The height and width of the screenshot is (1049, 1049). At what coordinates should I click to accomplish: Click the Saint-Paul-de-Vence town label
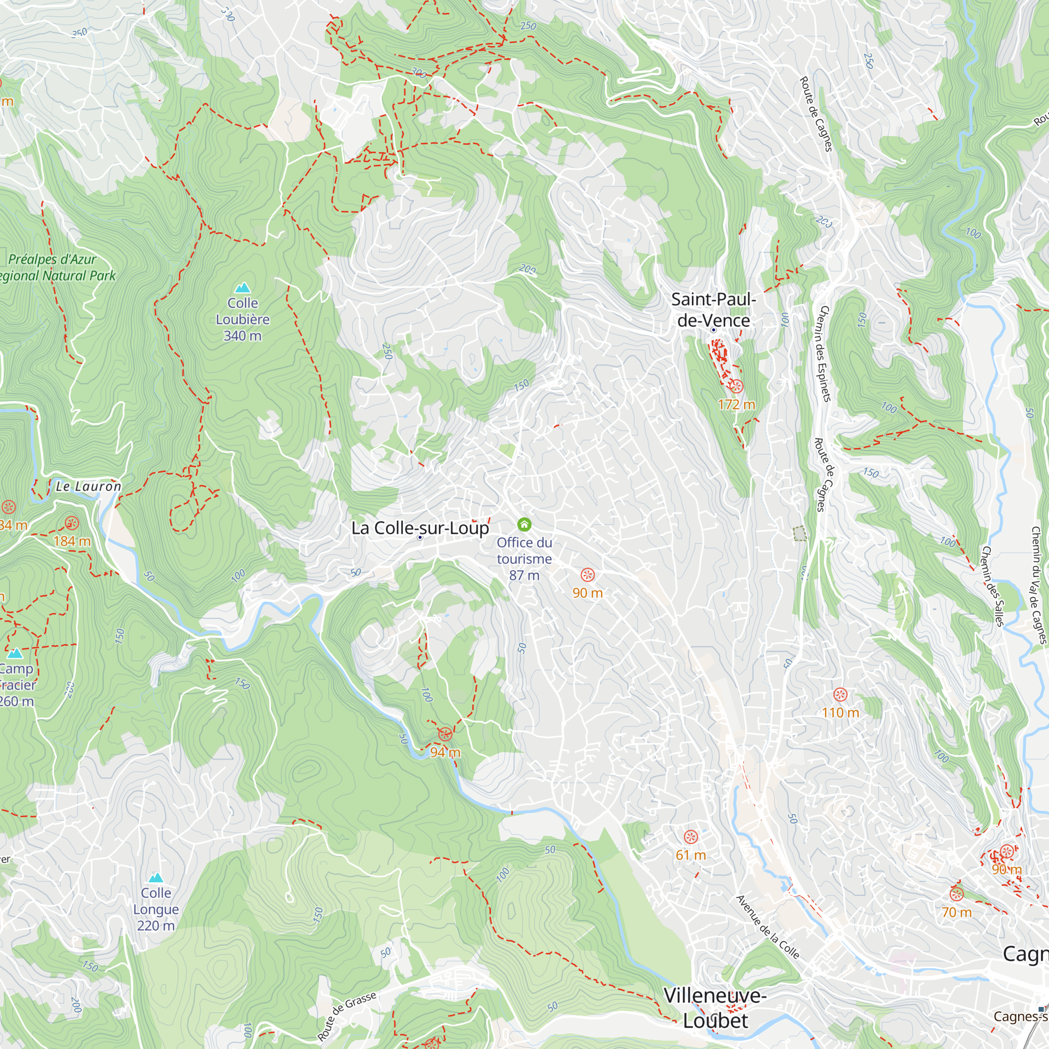(713, 309)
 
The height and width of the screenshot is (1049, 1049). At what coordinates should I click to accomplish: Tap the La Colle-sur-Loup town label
(420, 528)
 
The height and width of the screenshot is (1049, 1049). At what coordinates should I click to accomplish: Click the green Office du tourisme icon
(524, 524)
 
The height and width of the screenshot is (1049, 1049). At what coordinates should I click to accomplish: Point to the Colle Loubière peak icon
(243, 287)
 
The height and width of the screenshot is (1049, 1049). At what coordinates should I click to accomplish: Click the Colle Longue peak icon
(156, 877)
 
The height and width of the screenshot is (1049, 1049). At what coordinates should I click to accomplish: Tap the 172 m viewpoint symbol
(736, 387)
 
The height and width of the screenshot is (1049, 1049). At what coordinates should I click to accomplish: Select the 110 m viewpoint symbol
(840, 694)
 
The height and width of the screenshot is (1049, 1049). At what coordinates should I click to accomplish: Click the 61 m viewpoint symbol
(690, 837)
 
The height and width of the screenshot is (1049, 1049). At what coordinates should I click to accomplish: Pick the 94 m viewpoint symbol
(445, 735)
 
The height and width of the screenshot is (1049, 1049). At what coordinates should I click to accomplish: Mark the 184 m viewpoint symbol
(72, 523)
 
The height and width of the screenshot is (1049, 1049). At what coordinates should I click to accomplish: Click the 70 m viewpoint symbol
(956, 894)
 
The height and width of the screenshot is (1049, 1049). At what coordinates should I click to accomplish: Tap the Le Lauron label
(89, 487)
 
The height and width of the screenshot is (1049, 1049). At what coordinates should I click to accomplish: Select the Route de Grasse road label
(347, 1016)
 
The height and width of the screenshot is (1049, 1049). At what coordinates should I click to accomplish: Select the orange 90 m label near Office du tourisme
(587, 593)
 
